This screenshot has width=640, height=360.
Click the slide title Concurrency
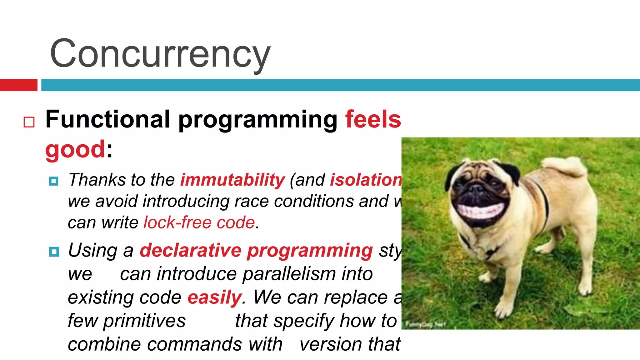coord(160,53)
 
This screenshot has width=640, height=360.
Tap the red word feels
coord(373,119)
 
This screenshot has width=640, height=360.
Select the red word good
coord(75,149)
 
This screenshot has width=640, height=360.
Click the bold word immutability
coord(232,180)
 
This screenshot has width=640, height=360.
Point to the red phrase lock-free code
coord(199,222)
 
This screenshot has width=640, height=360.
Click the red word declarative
coord(190,250)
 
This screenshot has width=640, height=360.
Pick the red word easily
coord(214,297)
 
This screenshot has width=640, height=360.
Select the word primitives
coord(144,321)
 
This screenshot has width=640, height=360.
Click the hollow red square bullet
coord(29,122)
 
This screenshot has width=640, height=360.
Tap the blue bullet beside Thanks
coord(54,181)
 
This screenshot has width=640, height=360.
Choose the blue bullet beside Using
coord(54,251)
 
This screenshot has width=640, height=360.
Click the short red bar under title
coord(18,85)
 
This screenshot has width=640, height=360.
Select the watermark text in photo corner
coord(425,324)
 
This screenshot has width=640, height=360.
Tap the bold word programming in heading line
coord(258,120)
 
